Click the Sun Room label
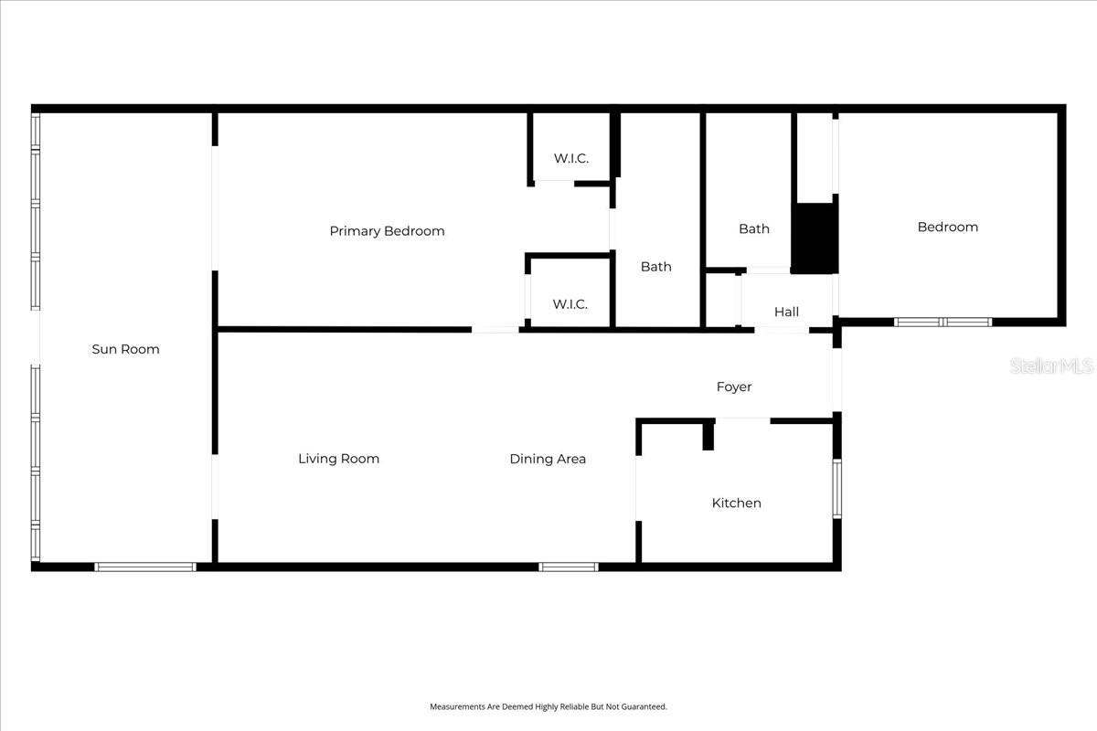[x=126, y=349]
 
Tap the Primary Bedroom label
[x=387, y=231]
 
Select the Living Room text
[x=338, y=459]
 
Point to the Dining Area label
[x=548, y=459]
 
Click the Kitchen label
[x=736, y=503]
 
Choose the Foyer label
[x=733, y=387]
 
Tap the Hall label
[x=786, y=312]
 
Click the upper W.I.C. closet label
[x=570, y=158]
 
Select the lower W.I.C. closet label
[x=570, y=304]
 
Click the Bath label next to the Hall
[x=754, y=228]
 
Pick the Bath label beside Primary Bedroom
[x=655, y=267]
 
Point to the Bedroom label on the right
[x=947, y=227]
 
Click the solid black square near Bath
[x=814, y=238]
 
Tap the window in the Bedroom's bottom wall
[x=943, y=322]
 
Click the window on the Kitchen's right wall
[x=836, y=489]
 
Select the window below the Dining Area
[x=569, y=567]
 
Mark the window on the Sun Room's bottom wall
[x=146, y=567]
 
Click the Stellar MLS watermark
[x=1051, y=365]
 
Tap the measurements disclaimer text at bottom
[x=548, y=706]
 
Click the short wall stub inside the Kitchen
[x=708, y=436]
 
